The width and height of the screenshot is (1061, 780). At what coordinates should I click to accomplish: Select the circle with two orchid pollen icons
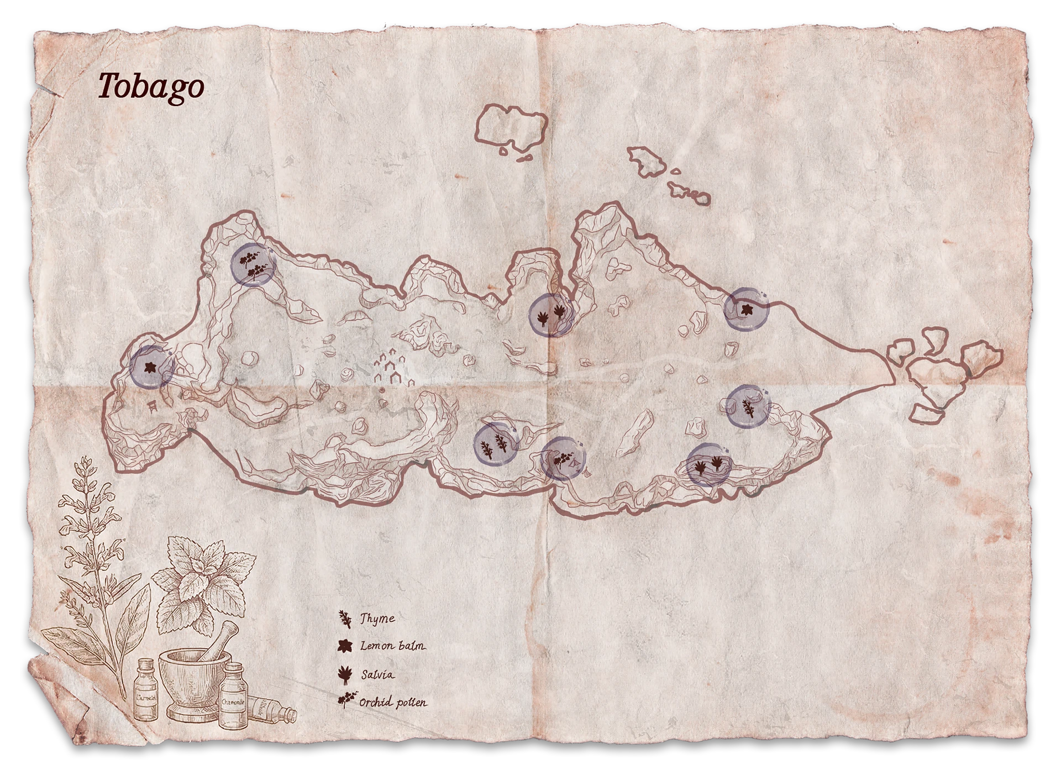pos(253,264)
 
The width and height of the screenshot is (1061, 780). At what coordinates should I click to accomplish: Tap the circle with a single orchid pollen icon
pos(563,458)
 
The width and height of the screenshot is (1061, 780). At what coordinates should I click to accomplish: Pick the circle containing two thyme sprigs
pos(495,444)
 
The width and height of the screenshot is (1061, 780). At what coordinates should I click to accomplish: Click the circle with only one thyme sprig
pos(748,407)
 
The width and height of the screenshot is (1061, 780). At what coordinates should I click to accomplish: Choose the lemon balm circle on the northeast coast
pos(746,309)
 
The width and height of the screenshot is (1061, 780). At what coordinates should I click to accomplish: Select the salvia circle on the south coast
pos(708,464)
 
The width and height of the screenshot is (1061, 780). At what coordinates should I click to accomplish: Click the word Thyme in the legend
pos(378,619)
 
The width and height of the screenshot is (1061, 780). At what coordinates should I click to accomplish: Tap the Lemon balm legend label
pos(393,646)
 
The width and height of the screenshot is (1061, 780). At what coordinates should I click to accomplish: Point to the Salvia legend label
pos(378,674)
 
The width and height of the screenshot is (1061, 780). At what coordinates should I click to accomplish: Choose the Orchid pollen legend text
pos(393,703)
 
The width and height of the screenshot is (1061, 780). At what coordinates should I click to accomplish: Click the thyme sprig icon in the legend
pos(345,619)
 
